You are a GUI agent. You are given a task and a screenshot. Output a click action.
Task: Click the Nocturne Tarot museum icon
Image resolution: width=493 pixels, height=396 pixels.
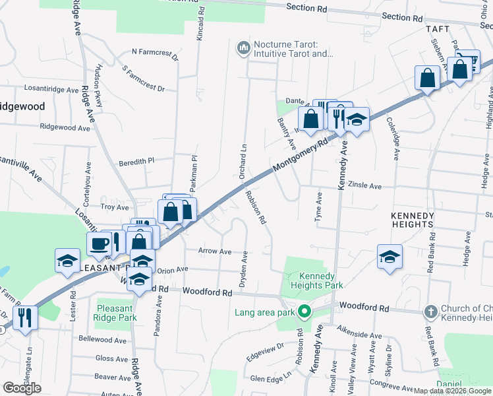click(x=243, y=47)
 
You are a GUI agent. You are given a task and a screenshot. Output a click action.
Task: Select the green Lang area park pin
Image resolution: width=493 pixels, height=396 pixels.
click(x=304, y=312)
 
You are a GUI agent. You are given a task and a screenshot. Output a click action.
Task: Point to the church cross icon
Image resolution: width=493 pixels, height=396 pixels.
click(x=430, y=311)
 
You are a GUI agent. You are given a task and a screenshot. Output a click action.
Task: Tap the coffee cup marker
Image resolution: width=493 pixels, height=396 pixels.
click(x=100, y=244)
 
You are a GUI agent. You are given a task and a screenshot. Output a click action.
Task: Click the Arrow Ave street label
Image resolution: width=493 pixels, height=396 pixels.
click(x=215, y=251)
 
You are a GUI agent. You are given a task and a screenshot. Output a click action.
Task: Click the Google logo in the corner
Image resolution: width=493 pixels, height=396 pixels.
click(x=22, y=388)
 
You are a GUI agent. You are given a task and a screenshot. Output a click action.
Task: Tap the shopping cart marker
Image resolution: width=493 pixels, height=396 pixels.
click(x=465, y=65)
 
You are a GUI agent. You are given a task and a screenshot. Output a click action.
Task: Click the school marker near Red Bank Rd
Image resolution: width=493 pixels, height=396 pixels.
click(x=390, y=256)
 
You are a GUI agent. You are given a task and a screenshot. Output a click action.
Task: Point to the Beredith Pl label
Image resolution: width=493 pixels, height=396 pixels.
click(x=136, y=160)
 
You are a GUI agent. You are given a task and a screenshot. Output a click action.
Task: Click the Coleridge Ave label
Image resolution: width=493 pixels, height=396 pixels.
click(x=393, y=139)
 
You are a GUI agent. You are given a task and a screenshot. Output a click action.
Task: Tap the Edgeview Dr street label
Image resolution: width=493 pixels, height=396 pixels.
click(x=264, y=350)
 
